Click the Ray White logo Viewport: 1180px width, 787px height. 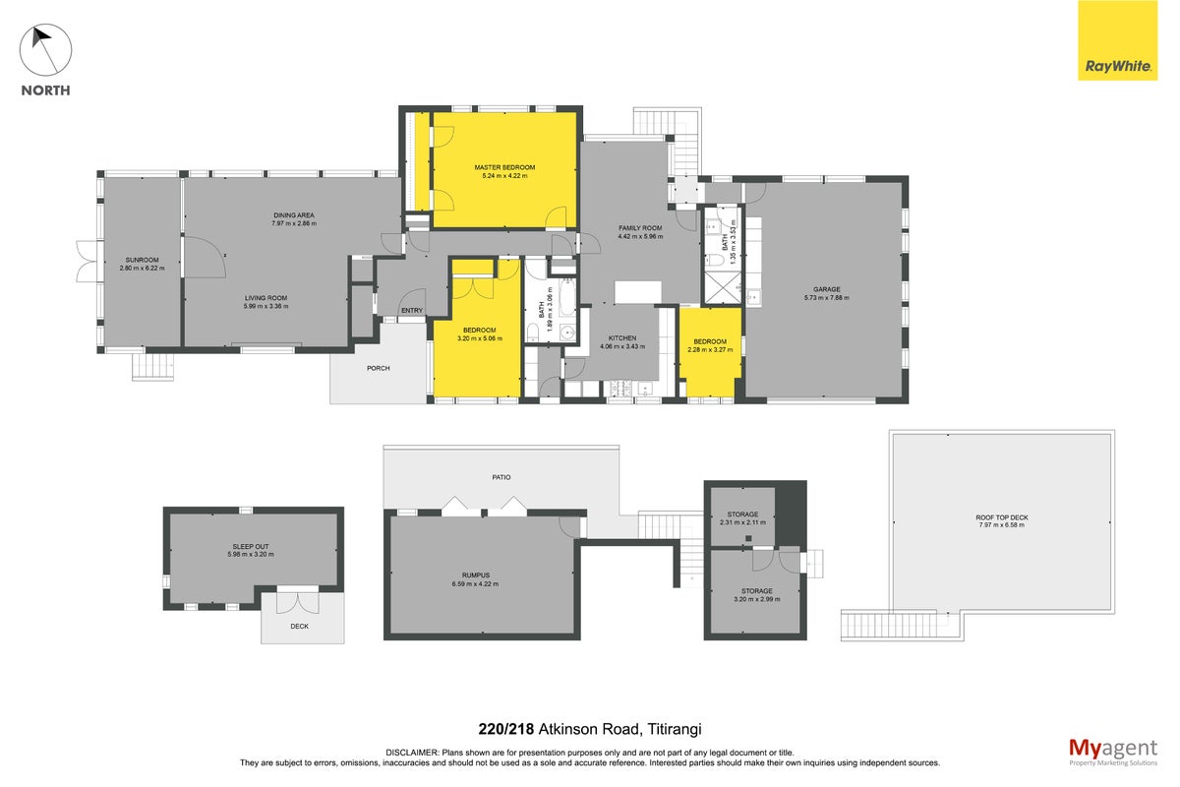pos(1117,40)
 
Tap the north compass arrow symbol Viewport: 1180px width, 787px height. pos(45,50)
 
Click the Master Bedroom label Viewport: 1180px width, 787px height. pos(504,167)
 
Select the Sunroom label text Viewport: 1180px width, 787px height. pos(143,260)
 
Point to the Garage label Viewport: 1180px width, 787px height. pos(827,289)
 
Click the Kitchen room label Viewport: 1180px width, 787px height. pos(622,337)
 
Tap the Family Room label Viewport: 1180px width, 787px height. pos(640,228)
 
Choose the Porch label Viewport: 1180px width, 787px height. pos(379,369)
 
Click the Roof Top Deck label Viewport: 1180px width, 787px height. pos(1002,517)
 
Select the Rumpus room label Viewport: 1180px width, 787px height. pos(476,575)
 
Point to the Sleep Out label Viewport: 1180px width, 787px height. pos(251,547)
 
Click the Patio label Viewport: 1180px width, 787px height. pos(501,477)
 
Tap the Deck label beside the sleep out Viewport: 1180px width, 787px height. pos(299,627)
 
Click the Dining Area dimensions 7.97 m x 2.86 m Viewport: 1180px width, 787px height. pos(294,223)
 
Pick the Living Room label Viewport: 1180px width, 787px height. pos(266,298)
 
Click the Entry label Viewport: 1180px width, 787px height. pos(412,311)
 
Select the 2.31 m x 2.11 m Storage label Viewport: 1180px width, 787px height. pos(742,518)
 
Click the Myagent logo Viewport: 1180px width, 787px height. pos(1113,752)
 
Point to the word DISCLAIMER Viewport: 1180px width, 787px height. pos(412,753)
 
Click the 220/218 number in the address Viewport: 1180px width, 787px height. pos(506,729)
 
